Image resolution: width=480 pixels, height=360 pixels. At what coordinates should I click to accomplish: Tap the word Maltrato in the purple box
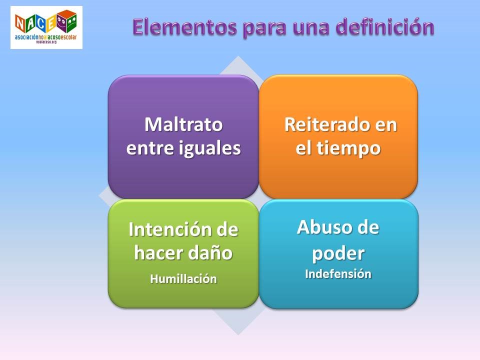[183, 124]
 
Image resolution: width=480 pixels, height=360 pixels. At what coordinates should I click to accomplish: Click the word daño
[214, 253]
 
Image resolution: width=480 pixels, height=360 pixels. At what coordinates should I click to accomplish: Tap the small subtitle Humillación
[183, 279]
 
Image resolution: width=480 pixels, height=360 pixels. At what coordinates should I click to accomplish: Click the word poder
[338, 253]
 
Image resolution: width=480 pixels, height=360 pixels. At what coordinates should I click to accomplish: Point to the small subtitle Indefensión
[338, 274]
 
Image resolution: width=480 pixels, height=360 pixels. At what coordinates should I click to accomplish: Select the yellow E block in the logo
[51, 23]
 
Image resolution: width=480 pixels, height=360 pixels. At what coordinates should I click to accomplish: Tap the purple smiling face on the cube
[62, 22]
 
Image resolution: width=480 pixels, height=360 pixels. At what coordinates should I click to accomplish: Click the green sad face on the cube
[71, 22]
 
